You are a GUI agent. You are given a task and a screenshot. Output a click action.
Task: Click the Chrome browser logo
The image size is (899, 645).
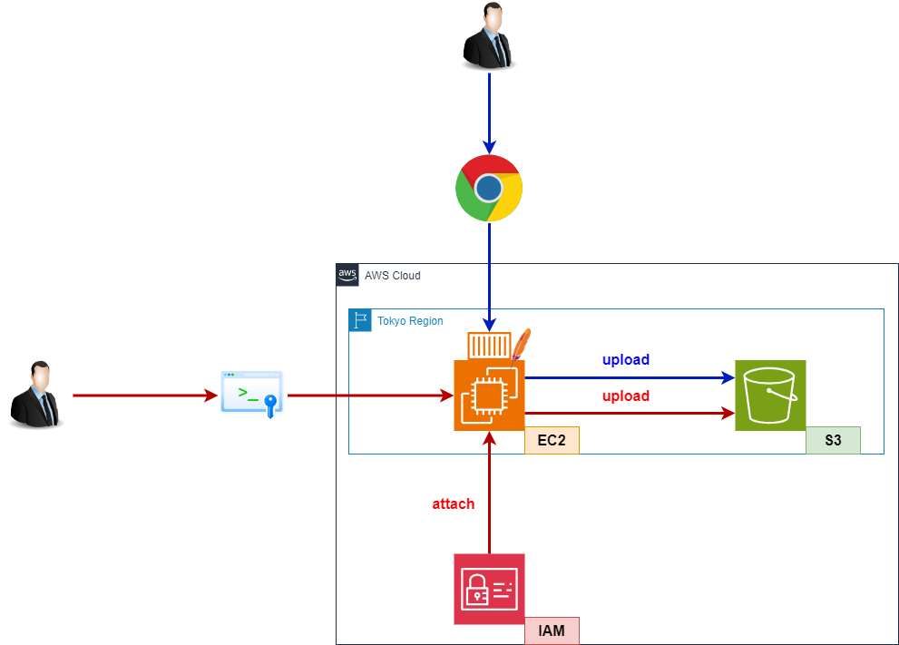[x=489, y=188]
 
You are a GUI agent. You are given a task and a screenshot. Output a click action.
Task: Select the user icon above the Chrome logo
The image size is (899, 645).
[x=489, y=35]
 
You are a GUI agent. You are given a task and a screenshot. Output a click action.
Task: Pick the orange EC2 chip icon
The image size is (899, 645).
[x=489, y=395]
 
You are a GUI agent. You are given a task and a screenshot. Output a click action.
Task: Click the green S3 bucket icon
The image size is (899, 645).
[x=770, y=395]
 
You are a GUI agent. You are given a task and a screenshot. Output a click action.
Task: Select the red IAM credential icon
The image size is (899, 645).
[x=489, y=589]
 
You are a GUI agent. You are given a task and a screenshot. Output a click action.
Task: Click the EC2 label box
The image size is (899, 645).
[x=552, y=441]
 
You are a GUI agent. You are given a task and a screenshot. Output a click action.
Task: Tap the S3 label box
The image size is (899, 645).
[x=833, y=441]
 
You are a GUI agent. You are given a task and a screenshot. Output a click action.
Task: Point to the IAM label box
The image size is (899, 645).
[x=552, y=630]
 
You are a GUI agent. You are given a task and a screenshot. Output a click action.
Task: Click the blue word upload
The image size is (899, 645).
[x=626, y=360]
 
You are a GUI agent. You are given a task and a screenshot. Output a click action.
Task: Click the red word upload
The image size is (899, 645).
[x=626, y=396]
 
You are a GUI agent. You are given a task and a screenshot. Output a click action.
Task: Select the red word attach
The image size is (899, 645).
[x=453, y=503]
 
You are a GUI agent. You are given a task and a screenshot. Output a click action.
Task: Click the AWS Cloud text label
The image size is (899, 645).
[x=393, y=276]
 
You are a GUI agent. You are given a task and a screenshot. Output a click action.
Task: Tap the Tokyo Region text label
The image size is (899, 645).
[x=410, y=321]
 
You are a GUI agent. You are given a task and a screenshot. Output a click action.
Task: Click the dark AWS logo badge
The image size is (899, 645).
[x=347, y=275]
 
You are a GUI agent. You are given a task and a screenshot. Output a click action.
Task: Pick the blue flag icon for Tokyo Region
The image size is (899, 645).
[x=360, y=320]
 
